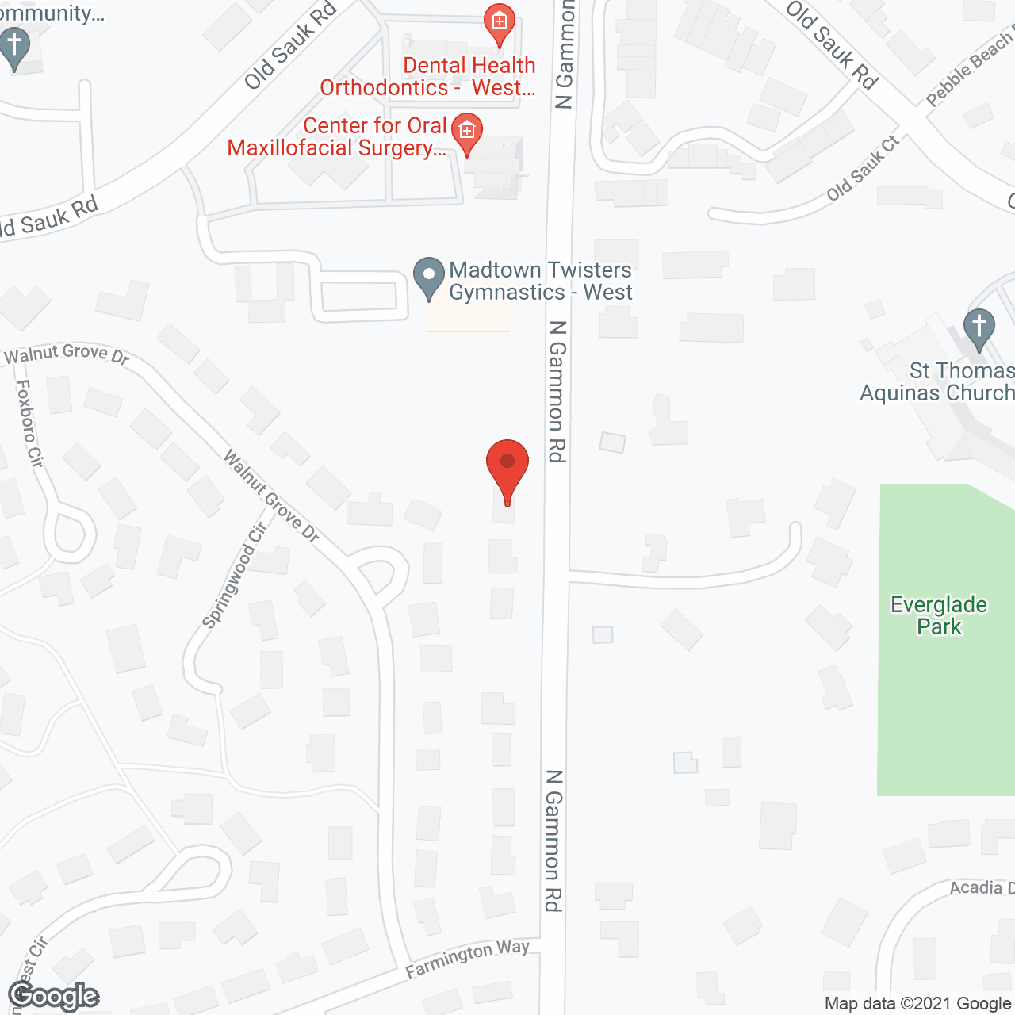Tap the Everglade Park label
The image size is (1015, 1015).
point(939,615)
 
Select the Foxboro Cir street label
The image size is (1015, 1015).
point(29,423)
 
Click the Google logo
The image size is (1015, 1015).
point(53,996)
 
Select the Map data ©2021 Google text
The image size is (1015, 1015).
point(917,1003)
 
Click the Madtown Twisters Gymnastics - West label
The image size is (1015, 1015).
point(540,281)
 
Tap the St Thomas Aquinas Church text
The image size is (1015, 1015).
point(937,381)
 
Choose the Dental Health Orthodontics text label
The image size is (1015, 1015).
point(428,76)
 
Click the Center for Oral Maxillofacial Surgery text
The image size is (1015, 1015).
point(336,136)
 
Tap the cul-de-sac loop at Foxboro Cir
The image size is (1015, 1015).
point(69,533)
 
